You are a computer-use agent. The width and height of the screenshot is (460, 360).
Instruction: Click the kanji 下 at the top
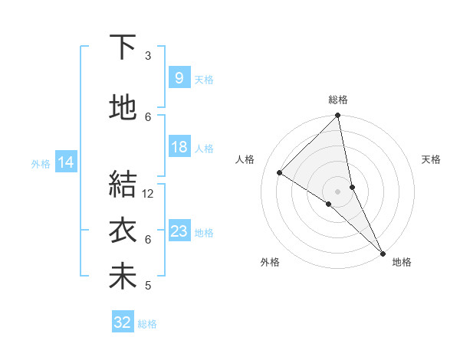pos(123,47)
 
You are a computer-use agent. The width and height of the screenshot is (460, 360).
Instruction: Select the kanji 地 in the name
pos(123,107)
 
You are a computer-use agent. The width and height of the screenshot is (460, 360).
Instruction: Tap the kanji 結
pos(123,184)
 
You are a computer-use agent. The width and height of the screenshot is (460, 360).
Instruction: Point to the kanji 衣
pos(123,230)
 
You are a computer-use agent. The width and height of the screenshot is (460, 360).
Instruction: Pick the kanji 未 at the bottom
pos(123,276)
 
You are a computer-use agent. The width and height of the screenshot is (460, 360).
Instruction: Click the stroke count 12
pos(148,194)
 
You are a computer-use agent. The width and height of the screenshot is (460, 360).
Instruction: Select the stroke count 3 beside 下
pos(148,56)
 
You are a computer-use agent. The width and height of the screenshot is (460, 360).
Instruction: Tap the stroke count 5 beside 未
pos(148,286)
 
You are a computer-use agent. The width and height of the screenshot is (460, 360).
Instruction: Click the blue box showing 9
pos(179,78)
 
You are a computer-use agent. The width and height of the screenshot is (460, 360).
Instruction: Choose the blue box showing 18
pos(179,147)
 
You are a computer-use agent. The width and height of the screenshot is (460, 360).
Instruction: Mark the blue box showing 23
pos(179,231)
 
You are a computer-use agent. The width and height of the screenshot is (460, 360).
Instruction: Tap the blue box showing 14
pos(65,162)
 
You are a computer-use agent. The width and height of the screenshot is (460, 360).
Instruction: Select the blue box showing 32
pos(122,322)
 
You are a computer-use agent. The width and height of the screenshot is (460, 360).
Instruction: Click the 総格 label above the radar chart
pos(338,100)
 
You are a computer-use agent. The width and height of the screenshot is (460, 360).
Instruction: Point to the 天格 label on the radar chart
pos(431,159)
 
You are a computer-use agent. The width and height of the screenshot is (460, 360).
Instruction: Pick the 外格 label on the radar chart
pos(270,262)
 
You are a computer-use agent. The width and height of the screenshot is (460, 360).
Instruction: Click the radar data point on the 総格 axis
pos(338,116)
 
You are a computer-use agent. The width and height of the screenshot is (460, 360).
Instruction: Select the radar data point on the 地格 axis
pos(383,252)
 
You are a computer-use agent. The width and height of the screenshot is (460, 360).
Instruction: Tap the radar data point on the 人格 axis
pos(280,172)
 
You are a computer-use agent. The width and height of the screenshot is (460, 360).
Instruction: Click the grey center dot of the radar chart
pos(338,191)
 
